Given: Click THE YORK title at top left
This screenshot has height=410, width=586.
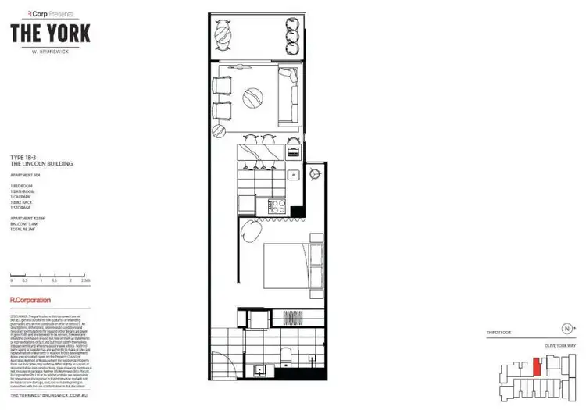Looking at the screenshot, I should pos(51,34).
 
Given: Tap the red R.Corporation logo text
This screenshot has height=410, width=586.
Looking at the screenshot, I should pos(30,300).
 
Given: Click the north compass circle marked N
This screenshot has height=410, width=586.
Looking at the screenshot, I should pos(567,329).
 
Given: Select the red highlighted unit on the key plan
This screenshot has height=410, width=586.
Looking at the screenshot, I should pos(535,365).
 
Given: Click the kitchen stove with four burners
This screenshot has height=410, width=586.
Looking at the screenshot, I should pos(278,206).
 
